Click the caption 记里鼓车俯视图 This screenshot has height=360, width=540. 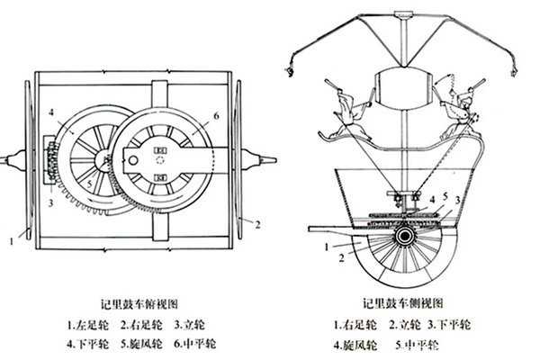pos(139,304)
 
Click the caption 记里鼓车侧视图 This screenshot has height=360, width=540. pos(403,303)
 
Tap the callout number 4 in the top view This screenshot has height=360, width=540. pos(51,112)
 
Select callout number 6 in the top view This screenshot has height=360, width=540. pos(216,116)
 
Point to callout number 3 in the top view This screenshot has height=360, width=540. pos(50,203)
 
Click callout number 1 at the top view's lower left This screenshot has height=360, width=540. pos(12,241)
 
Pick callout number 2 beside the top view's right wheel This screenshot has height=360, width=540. pos(257,225)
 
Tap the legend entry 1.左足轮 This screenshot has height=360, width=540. pos(87,325)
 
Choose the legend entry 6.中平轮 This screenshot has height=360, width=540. pos(195,344)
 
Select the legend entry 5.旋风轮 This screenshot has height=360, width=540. pos(141,344)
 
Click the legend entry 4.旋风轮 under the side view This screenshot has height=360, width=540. pos(355,345)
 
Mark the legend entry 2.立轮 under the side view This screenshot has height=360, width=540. pos(405,325)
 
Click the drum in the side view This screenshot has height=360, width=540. pos(403,89)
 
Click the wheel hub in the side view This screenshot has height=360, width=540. pos(404,236)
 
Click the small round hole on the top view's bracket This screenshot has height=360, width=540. pos(133,160)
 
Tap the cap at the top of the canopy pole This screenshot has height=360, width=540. pos(403,14)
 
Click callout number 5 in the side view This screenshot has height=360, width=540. pos(445,196)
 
